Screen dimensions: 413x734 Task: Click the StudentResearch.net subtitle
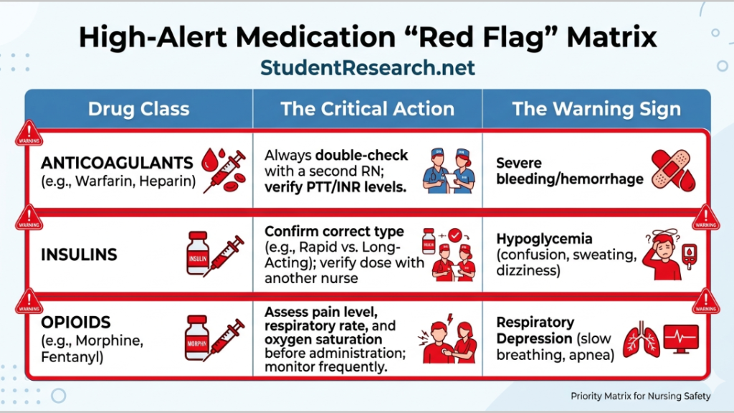367,68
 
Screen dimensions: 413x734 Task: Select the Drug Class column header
138,109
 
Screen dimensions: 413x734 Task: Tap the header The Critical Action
367,109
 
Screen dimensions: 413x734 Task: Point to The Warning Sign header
596,109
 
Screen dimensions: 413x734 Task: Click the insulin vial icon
196,252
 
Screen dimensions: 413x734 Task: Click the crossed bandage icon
671,171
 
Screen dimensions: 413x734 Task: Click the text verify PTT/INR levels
332,188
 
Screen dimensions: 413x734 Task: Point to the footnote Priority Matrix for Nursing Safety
640,396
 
